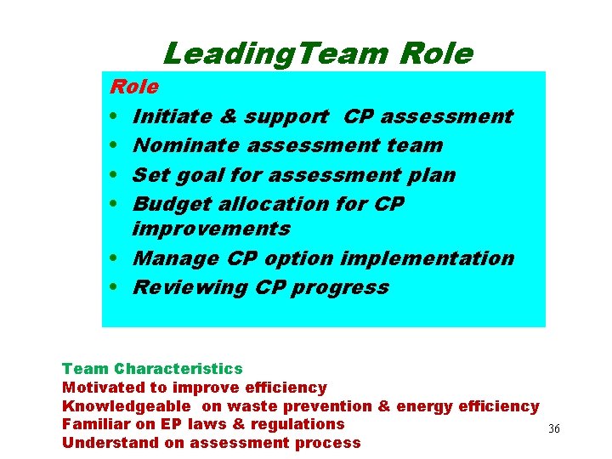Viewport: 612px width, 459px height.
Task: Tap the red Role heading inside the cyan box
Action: coord(134,87)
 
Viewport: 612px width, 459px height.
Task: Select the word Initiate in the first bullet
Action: coord(168,116)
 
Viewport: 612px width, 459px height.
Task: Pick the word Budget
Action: coord(170,204)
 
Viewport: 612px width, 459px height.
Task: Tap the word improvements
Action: coord(212,229)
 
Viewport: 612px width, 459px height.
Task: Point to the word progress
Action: coord(340,287)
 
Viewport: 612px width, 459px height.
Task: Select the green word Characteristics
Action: coord(178,369)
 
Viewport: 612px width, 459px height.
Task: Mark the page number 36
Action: coord(554,429)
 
